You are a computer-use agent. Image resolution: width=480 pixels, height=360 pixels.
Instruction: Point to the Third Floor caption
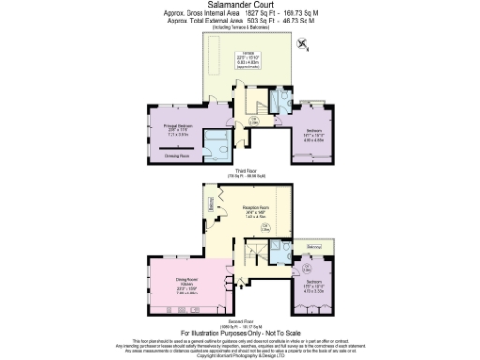point(241,171)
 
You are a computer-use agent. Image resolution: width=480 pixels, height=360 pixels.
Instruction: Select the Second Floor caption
point(240,321)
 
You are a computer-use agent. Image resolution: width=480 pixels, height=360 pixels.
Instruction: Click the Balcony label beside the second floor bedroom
point(313,247)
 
